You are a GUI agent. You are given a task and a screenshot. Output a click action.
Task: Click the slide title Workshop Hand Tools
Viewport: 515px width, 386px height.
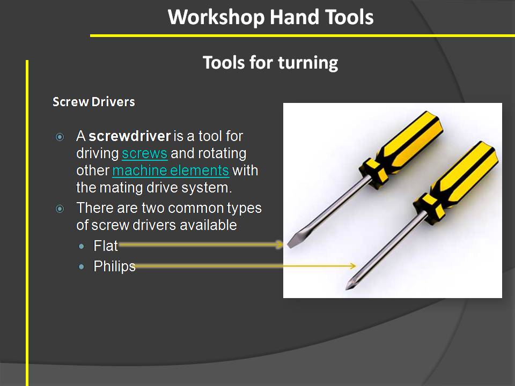coord(270,17)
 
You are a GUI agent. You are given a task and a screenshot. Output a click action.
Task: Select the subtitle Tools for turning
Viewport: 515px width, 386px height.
coord(270,63)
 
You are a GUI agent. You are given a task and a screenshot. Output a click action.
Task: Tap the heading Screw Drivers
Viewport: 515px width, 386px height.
coord(93,102)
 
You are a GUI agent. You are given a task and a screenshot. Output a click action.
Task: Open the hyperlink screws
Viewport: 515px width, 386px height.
coord(145,153)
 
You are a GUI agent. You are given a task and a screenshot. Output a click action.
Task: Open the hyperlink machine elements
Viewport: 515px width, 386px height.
coord(171,170)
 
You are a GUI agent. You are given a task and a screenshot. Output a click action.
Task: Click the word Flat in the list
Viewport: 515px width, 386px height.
coord(106,246)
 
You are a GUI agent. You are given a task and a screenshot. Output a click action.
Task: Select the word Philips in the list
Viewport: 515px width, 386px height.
coord(114,266)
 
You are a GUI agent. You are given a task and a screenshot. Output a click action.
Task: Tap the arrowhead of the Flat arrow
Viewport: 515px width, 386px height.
coord(279,245)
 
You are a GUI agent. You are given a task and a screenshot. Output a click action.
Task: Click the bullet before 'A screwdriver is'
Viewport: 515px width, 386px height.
coord(60,137)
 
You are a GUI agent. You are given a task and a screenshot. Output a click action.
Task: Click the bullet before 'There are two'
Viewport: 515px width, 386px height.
coord(60,209)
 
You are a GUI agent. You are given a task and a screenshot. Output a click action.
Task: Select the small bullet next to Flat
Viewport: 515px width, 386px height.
coord(81,246)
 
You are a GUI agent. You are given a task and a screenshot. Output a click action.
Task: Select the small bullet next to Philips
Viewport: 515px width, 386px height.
coord(81,266)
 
